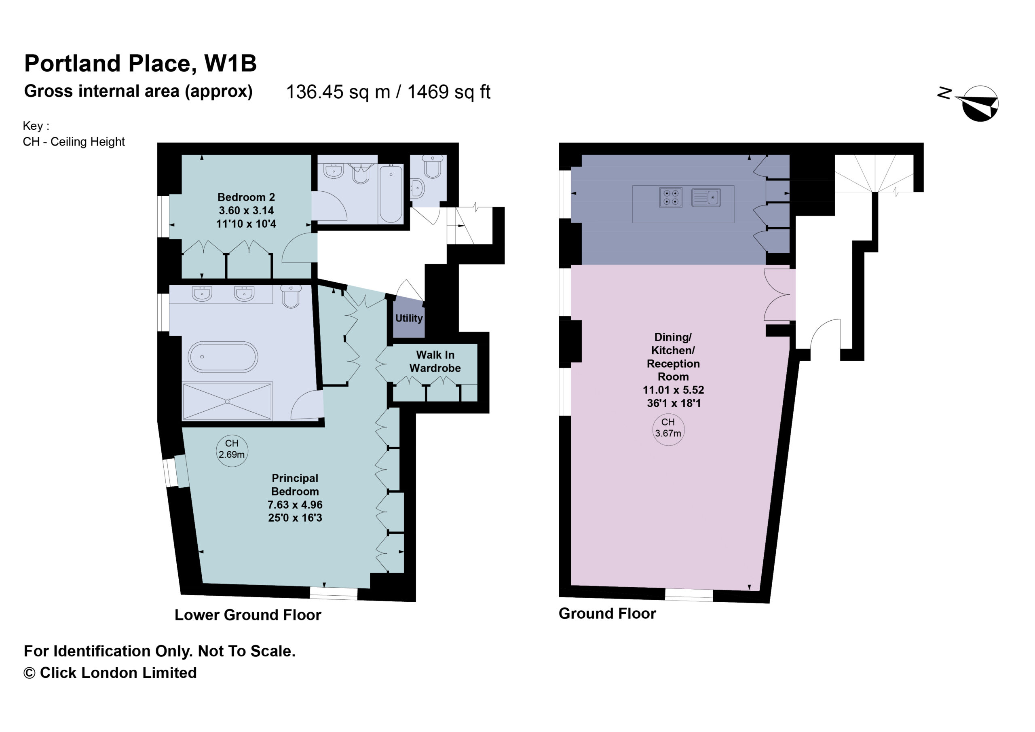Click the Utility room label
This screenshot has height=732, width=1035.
click(x=409, y=318)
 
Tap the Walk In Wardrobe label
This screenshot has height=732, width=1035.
click(x=435, y=361)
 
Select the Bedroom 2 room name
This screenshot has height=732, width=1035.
click(x=246, y=197)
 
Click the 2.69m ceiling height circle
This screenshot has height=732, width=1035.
click(x=232, y=451)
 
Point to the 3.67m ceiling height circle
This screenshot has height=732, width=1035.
click(x=668, y=429)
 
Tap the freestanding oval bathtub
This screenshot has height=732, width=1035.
click(x=223, y=357)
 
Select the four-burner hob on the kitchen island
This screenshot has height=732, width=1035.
click(x=671, y=197)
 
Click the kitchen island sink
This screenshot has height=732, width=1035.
click(x=706, y=197)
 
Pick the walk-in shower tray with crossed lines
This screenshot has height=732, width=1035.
click(x=227, y=402)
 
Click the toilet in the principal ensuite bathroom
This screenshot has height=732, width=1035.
click(x=291, y=296)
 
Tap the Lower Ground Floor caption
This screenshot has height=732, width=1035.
click(x=248, y=615)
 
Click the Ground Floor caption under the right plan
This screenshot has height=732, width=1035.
click(x=607, y=614)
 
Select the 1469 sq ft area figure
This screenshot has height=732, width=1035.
click(x=448, y=92)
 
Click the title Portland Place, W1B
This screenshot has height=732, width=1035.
click(x=140, y=63)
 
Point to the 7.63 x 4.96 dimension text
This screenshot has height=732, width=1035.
click(x=295, y=504)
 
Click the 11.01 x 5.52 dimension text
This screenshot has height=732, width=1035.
click(x=674, y=390)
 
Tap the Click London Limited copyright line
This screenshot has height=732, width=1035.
click(x=110, y=673)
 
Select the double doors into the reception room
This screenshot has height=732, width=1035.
click(x=777, y=295)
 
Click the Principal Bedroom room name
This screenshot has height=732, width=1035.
click(x=295, y=484)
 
